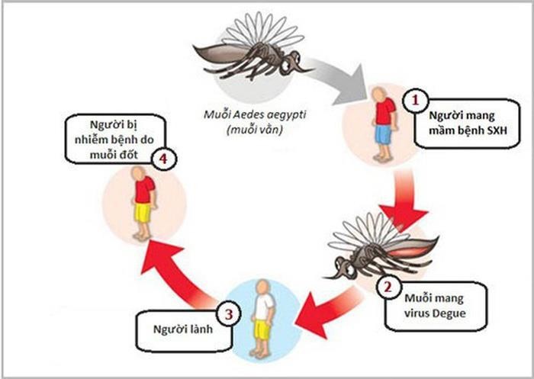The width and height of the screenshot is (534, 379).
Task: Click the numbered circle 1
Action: (416, 101)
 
